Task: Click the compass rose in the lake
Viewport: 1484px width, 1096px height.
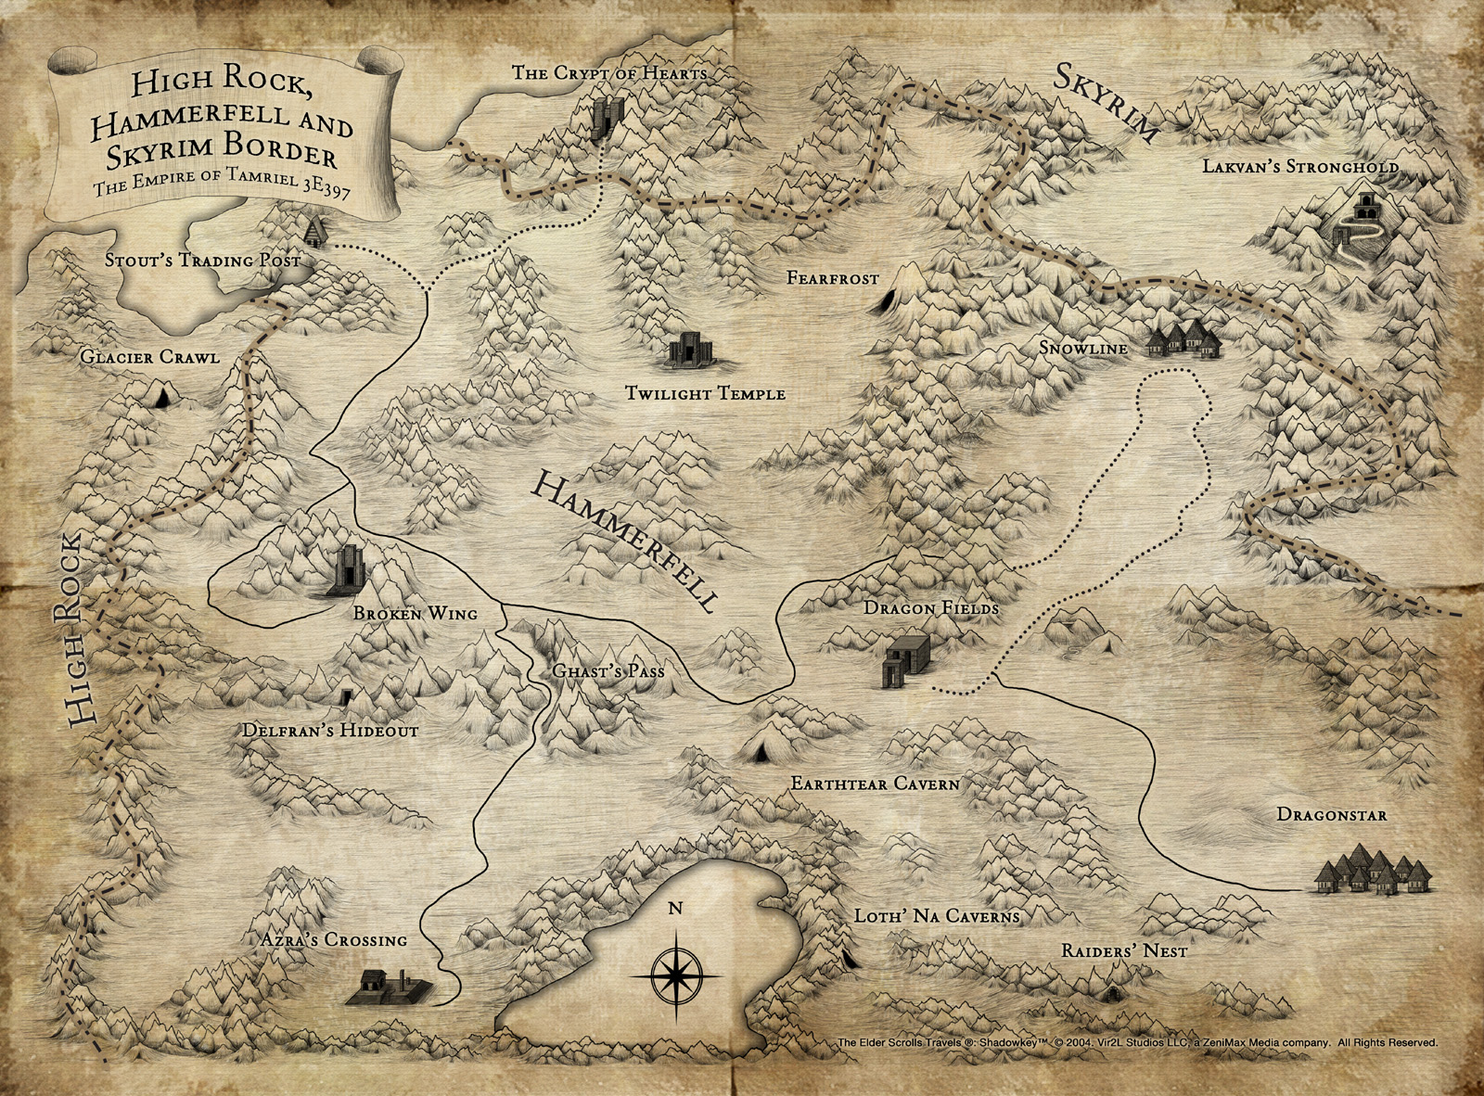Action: pyautogui.click(x=676, y=975)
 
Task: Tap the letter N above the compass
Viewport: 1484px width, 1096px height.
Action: pyautogui.click(x=675, y=908)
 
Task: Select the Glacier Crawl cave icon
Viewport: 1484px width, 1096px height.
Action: pyautogui.click(x=162, y=397)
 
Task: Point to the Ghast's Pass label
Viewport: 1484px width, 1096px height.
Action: pyautogui.click(x=608, y=670)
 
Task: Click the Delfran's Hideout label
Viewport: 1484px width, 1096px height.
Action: pyautogui.click(x=329, y=731)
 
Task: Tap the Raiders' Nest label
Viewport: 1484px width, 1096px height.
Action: pyautogui.click(x=1124, y=951)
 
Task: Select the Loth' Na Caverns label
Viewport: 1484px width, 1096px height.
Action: pyautogui.click(x=936, y=916)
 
